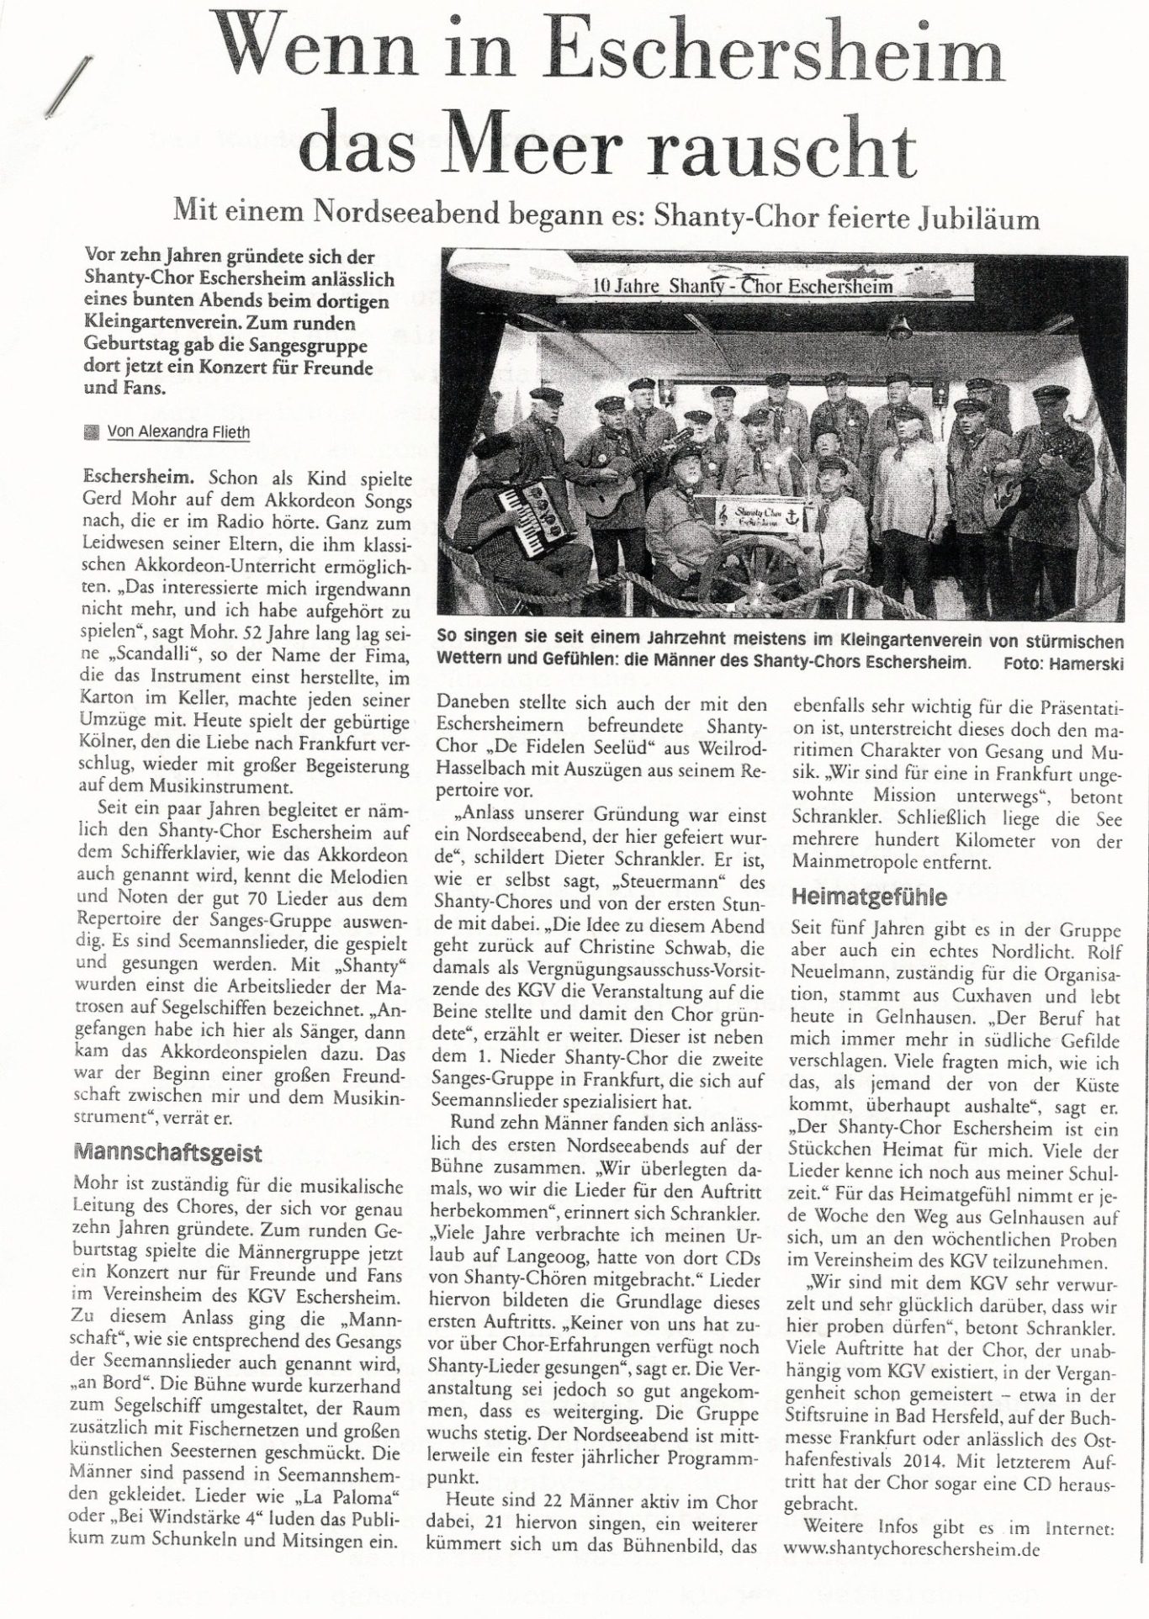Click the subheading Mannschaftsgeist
coord(168,1152)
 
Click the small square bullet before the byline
coord(92,432)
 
